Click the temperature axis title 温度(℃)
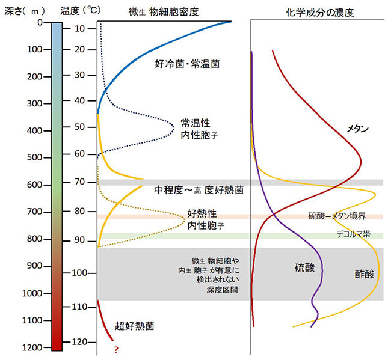click(80, 10)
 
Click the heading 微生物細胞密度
click(163, 12)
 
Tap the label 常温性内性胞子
click(199, 129)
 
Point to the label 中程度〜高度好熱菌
click(198, 190)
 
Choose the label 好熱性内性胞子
click(205, 219)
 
